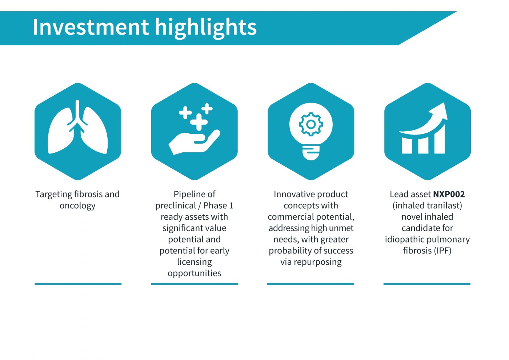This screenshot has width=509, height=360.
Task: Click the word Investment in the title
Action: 91,27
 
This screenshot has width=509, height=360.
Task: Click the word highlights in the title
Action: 206,28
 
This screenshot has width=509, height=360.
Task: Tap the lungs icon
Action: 78,127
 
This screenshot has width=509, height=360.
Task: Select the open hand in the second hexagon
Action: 194,142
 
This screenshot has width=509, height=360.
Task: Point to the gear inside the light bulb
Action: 310,124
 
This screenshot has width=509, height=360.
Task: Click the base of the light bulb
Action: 311,153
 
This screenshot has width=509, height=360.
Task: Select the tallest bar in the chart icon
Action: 440,139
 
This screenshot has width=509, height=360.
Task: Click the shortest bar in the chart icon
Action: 407,146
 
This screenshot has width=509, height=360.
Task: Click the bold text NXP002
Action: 449,194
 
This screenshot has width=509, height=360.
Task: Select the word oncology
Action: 77,206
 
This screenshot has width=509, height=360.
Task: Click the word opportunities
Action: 194,273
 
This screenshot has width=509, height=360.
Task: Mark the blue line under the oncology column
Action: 78,284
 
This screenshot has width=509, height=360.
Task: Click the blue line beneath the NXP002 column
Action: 427,284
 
